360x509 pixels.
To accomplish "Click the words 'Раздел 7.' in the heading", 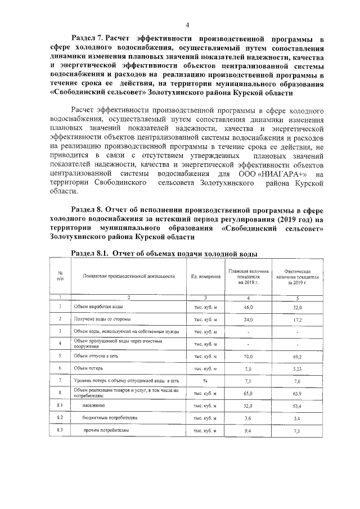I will click(x=86, y=39).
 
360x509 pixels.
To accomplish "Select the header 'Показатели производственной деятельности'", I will click(x=129, y=276).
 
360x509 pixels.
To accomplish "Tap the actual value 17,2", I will click(x=298, y=319).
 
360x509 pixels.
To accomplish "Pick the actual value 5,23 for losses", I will click(x=298, y=368).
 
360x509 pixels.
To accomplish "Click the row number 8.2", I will click(x=60, y=417).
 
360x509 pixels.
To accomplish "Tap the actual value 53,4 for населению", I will click(x=298, y=405).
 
